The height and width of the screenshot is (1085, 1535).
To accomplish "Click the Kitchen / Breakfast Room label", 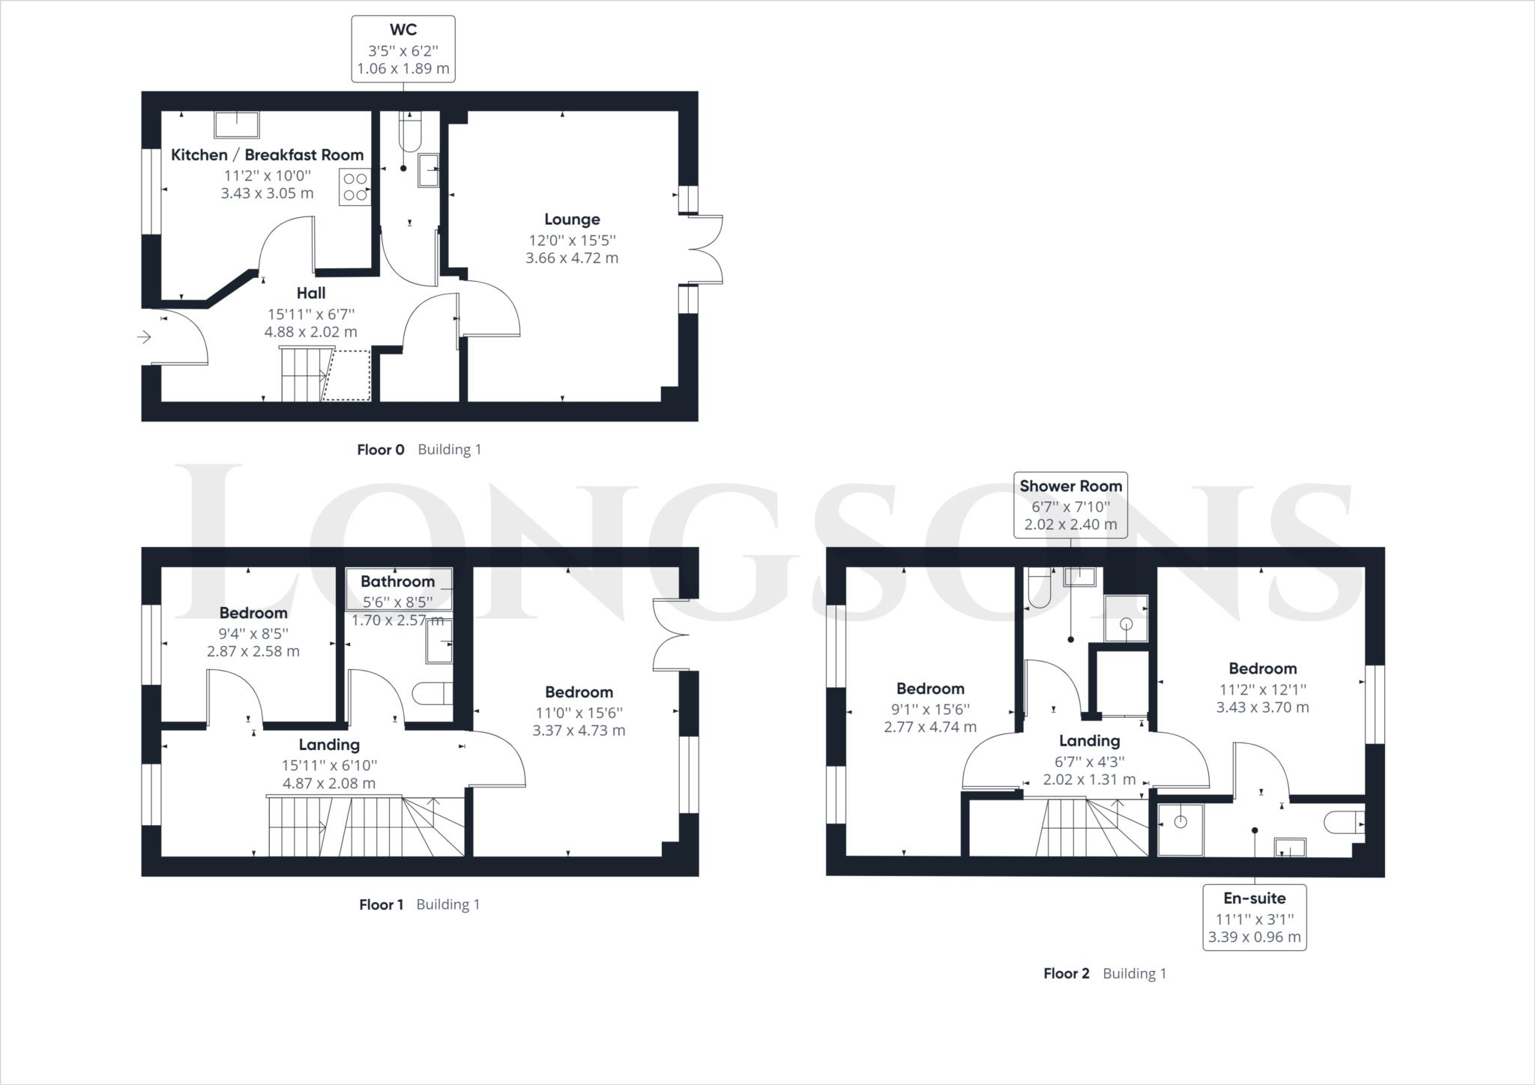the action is click(267, 155).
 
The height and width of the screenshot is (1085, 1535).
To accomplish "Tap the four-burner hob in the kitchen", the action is click(355, 187).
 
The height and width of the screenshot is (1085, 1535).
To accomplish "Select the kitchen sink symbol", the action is click(237, 125).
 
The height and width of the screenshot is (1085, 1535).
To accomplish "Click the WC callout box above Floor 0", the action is click(403, 49).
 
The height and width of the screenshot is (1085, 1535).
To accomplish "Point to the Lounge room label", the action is click(572, 220).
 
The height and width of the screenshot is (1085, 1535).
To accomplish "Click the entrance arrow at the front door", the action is click(145, 338).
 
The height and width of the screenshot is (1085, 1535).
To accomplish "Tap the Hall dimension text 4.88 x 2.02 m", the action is click(311, 332).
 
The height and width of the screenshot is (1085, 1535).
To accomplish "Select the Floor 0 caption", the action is click(381, 450).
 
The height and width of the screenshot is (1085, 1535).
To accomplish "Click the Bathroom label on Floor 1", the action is click(397, 581).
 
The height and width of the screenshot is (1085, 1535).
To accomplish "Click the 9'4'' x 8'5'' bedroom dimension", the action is click(253, 633).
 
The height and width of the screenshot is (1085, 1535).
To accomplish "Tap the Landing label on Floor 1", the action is click(329, 745).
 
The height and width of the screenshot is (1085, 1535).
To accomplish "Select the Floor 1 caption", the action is click(382, 904).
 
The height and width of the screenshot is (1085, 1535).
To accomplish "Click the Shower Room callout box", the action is click(1070, 505).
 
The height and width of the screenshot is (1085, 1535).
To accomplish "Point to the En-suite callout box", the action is click(1255, 918).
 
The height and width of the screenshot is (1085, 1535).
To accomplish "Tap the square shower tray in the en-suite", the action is click(1180, 829).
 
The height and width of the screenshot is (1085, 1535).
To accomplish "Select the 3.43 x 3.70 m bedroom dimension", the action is click(1262, 707).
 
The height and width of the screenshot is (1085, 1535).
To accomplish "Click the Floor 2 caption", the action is click(1066, 973).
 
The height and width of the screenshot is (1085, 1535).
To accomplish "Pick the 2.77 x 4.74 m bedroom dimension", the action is click(930, 727).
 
